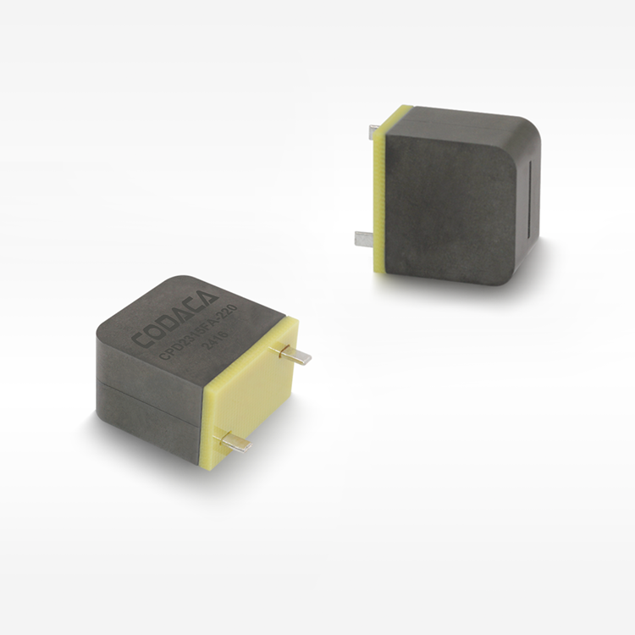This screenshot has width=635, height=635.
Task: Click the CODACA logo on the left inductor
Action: (174, 321)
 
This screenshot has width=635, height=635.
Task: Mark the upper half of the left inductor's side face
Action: (149, 356)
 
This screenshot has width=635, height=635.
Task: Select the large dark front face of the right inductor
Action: (449, 207)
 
